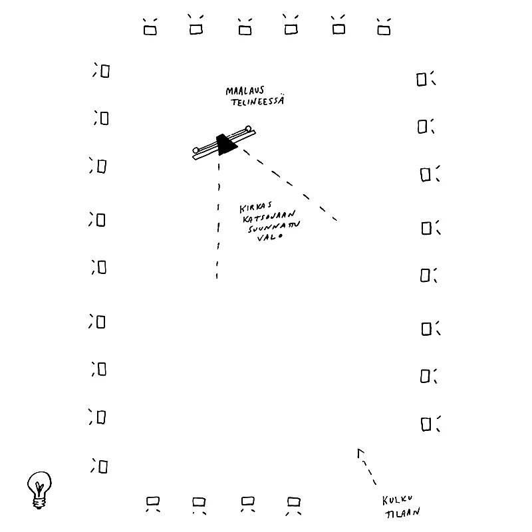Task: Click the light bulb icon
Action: click(39, 490)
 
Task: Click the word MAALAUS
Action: click(245, 90)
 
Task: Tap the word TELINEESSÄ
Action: click(257, 101)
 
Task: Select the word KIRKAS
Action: click(255, 207)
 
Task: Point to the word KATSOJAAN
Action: click(269, 217)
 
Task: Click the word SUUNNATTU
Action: click(274, 227)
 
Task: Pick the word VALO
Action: click(270, 237)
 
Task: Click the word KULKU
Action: click(397, 500)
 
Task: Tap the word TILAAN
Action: click(403, 512)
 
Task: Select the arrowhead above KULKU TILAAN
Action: click(360, 453)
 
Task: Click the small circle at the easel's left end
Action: click(196, 150)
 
